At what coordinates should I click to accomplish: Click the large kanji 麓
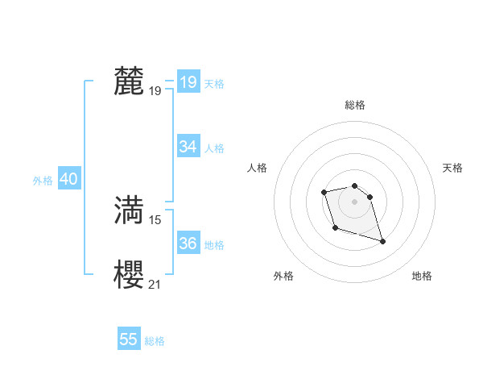[129, 81]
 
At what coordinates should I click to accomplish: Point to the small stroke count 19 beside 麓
[155, 91]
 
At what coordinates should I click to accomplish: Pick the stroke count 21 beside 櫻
[155, 283]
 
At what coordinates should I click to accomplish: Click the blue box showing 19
[188, 82]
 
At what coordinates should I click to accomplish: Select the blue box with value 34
[188, 147]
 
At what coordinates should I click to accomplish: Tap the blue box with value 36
[188, 244]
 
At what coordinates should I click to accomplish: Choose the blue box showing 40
[69, 180]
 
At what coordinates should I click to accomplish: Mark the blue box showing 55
[129, 339]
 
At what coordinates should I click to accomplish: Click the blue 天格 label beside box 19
[214, 83]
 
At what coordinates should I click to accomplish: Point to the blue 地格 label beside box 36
[214, 244]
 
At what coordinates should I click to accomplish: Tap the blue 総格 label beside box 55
[155, 340]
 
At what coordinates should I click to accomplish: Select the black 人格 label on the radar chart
[258, 168]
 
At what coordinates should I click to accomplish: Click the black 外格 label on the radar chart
[283, 276]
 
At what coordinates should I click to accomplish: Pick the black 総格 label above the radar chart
[355, 105]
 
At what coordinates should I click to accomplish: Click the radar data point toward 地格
[382, 242]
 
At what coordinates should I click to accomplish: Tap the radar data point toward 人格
[324, 192]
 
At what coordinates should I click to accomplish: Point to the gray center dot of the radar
[355, 201]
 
